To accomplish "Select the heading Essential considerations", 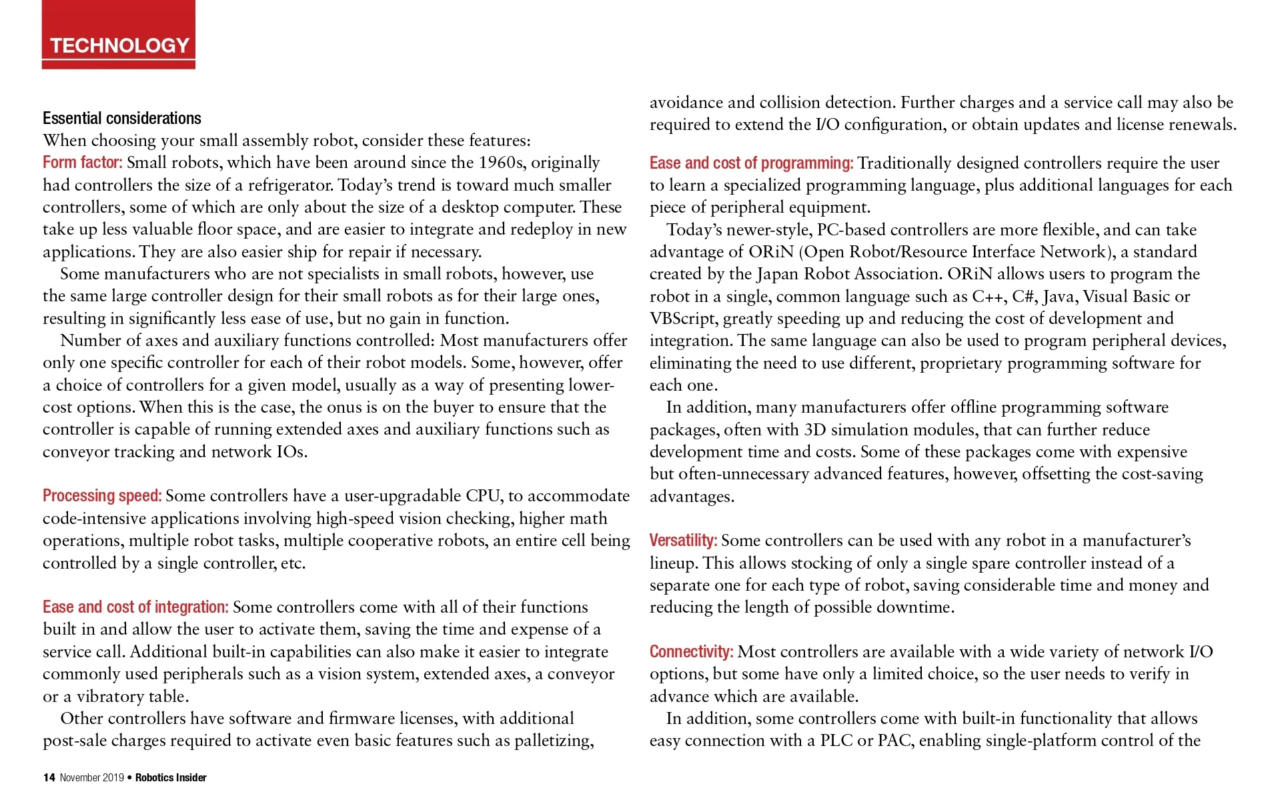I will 122,119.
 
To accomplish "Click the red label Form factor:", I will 82,163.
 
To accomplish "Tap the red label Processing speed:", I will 102,496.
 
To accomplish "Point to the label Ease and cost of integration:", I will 135,607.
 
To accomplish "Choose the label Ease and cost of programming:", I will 751,163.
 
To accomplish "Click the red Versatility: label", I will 683,541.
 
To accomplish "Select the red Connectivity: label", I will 691,652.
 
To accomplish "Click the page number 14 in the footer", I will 49,777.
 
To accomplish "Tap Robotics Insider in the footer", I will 171,777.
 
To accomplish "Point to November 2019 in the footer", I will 91,777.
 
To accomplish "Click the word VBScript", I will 682,319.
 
